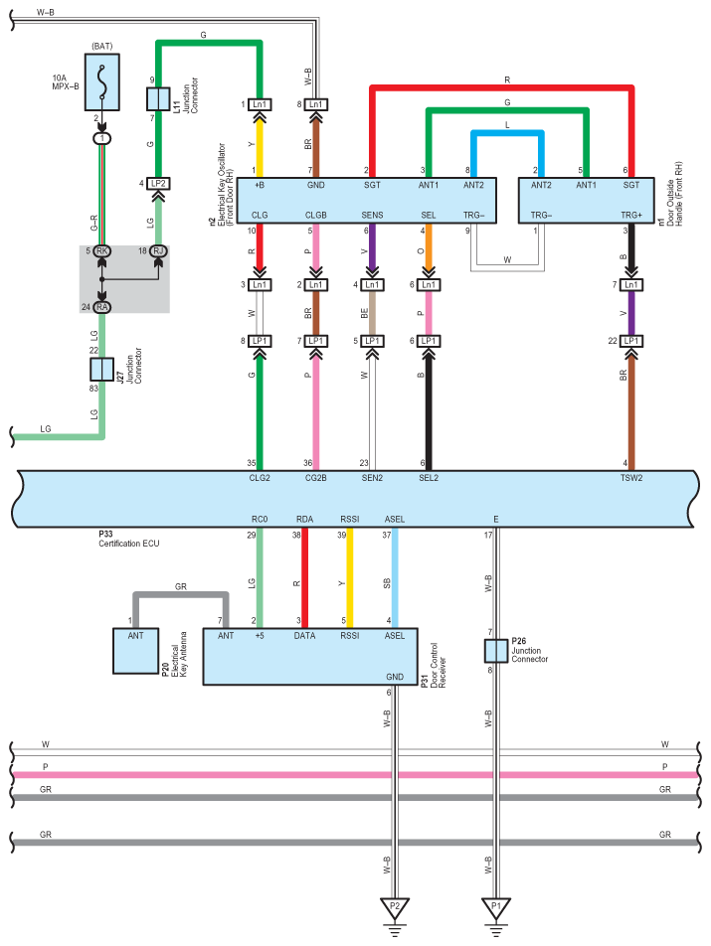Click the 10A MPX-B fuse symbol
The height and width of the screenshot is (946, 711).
102,82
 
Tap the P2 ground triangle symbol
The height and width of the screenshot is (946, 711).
394,908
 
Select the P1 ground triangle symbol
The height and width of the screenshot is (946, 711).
495,908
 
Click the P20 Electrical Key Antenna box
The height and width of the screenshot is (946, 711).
136,651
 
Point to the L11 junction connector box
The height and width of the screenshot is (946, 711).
158,99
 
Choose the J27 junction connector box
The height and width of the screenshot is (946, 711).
101,370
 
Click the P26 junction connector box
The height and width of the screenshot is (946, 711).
496,651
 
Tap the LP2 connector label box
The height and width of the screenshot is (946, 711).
158,184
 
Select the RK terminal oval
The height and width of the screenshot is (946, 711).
102,251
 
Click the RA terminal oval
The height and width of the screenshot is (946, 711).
102,307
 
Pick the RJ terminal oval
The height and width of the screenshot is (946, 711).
158,251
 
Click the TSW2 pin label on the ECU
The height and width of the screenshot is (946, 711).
631,478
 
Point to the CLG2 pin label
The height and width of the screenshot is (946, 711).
260,478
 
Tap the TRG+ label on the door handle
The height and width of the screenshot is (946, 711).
631,215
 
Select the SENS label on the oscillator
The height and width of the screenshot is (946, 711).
372,215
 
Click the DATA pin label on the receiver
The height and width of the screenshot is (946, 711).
304,635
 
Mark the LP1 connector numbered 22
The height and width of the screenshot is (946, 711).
631,341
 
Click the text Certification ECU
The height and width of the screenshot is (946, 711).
129,544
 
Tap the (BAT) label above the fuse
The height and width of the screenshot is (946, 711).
102,47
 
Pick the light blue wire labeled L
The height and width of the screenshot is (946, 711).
507,133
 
